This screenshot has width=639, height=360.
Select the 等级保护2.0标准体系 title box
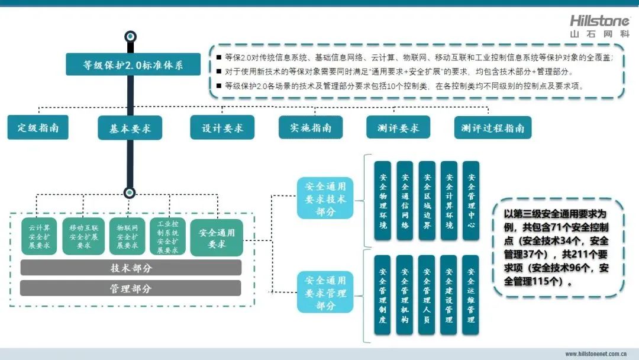coord(133,65)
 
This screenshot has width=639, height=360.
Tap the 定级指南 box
coord(38,127)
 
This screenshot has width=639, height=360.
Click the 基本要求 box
coord(130,128)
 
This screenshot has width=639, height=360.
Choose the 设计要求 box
coord(222,127)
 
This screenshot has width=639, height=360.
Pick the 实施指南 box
coord(311,127)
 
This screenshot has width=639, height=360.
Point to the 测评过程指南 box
coord(493,127)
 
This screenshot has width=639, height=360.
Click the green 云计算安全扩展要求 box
coord(39,236)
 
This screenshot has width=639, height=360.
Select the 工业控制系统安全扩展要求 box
coord(168,236)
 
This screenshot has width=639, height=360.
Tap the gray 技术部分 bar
coord(131,268)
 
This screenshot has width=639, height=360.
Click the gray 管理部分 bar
coord(131,288)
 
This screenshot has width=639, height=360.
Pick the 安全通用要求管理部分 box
coord(325,292)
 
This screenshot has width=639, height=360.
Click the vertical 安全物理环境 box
coord(383,201)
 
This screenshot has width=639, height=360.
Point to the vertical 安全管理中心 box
coord(471,201)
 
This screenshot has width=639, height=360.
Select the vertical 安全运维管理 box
coord(471,296)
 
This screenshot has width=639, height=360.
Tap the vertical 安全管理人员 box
coord(427,296)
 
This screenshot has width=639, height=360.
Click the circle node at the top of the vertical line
coord(131,36)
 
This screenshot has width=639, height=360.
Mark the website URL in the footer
coord(596,353)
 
